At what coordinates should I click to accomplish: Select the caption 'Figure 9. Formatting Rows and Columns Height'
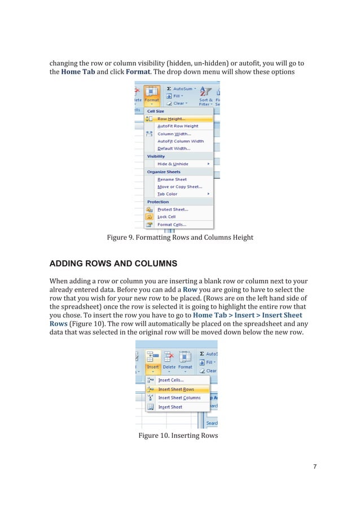point(180,238)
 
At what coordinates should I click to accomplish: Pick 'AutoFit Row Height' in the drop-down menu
point(178,126)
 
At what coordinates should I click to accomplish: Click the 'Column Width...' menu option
point(174,134)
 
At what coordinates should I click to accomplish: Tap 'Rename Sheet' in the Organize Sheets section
point(172,179)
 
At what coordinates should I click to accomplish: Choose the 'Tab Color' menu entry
point(168,194)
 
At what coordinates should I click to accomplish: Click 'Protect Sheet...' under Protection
point(173,209)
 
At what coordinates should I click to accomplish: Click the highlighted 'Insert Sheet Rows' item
point(175,389)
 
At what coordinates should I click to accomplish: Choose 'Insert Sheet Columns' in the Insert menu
point(179,398)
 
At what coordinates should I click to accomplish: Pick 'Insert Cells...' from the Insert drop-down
point(171,380)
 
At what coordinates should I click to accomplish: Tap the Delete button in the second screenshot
point(169,361)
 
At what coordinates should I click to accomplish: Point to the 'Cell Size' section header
point(155,111)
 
